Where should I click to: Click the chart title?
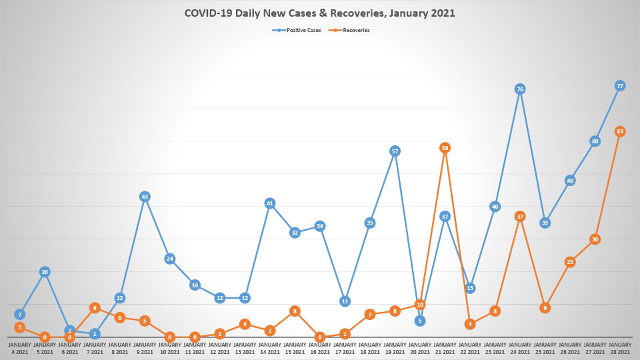[319, 13]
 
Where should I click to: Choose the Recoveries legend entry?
[351, 30]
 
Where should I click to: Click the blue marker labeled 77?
[620, 86]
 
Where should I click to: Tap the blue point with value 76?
[520, 89]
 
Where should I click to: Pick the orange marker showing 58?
[445, 147]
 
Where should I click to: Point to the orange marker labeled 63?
[620, 131]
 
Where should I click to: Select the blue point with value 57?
[395, 151]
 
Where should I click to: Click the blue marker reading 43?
[145, 197]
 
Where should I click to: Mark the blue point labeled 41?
[270, 203]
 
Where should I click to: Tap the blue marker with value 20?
[45, 272]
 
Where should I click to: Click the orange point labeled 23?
[570, 262]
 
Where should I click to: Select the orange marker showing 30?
[595, 239]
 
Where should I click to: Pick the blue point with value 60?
[595, 141]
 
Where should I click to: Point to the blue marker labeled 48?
[570, 181]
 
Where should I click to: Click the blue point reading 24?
[170, 259]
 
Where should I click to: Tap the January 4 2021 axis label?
[20, 348]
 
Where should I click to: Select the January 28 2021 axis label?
[620, 348]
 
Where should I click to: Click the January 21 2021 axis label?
[445, 348]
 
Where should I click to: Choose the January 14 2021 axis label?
[270, 348]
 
